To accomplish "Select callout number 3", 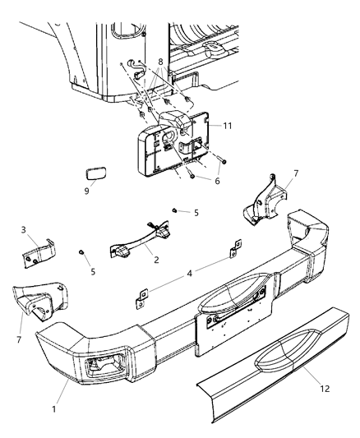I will pyautogui.click(x=23, y=230).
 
